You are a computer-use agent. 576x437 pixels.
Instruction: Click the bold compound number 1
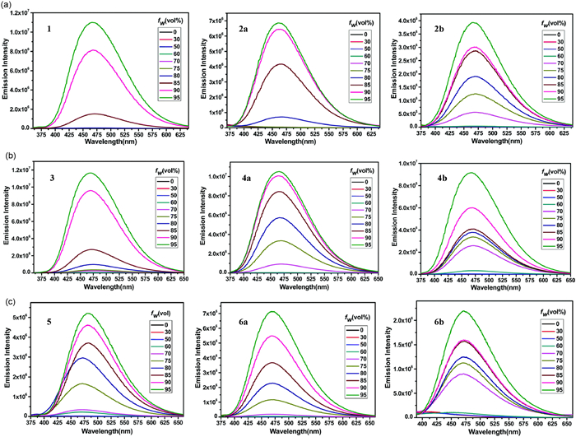(50, 32)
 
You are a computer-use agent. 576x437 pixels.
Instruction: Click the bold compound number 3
(51, 176)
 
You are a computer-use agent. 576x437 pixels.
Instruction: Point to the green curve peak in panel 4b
(471, 173)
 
